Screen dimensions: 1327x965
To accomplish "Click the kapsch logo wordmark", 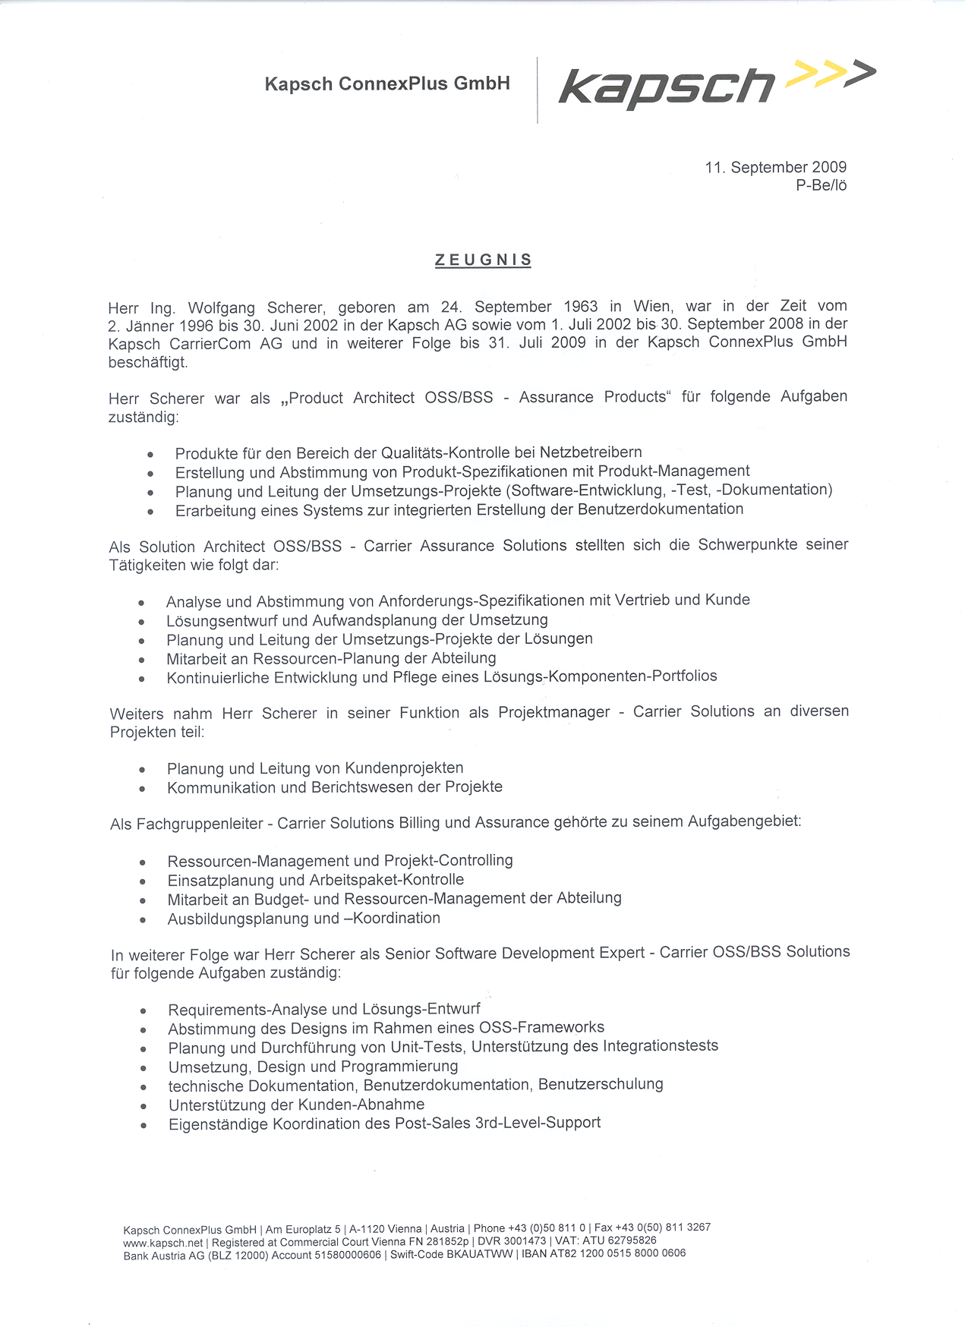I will point(667,87).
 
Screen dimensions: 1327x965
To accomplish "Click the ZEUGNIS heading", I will point(483,260).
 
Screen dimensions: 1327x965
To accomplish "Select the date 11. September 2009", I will point(775,167).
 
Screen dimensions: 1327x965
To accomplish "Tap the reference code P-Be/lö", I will point(821,185).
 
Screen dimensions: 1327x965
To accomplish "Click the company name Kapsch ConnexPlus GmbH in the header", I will point(387,84).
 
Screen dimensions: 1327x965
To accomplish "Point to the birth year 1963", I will point(581,307).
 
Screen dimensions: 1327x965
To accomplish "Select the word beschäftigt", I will point(148,362).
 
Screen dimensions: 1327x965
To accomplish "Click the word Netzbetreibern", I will point(591,452).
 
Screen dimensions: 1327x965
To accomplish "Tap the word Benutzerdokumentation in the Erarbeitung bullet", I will point(661,509).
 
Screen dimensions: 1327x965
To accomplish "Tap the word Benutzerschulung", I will point(601,1084).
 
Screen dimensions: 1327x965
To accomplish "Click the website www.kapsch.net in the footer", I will point(163,1243).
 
